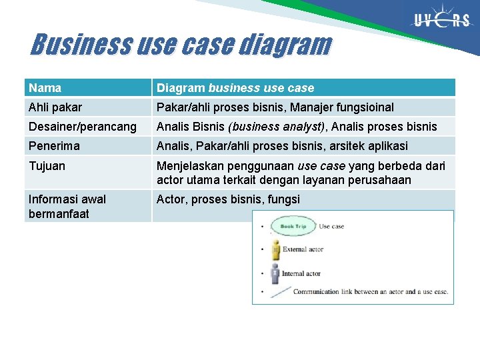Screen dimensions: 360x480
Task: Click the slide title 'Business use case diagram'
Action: pyautogui.click(x=181, y=45)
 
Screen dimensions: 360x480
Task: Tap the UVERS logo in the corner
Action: pyautogui.click(x=441, y=21)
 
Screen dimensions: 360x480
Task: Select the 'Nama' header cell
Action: pyautogui.click(x=45, y=88)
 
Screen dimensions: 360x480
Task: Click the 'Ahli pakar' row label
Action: pyautogui.click(x=55, y=107)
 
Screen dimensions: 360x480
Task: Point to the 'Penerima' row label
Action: pyautogui.click(x=54, y=146)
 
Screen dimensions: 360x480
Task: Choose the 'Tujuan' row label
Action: pyautogui.click(x=47, y=166)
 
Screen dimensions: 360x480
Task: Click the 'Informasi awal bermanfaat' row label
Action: pyautogui.click(x=67, y=206)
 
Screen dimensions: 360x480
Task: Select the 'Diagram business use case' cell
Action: pyautogui.click(x=235, y=88)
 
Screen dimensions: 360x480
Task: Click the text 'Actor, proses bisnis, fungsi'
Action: pyautogui.click(x=228, y=199)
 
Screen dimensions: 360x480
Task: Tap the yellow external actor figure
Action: pyautogui.click(x=275, y=249)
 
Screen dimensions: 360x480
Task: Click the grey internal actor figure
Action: pyautogui.click(x=275, y=273)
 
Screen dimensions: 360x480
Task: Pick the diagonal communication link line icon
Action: pyautogui.click(x=280, y=291)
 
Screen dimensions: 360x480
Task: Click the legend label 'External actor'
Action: pyautogui.click(x=303, y=249)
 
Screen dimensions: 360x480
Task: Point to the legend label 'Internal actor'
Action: pyautogui.click(x=301, y=273)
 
